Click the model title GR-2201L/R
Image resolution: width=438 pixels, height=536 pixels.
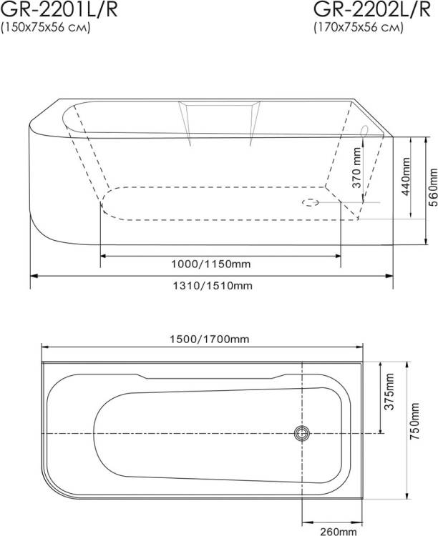coord(59,9)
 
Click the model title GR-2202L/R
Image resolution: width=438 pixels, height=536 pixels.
coord(372,9)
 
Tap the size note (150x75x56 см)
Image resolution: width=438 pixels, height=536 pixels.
coord(46,27)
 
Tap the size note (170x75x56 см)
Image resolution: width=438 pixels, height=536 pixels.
coord(359,27)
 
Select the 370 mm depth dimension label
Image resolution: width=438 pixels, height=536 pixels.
coord(357,167)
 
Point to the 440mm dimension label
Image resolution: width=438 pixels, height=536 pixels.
coord(406,177)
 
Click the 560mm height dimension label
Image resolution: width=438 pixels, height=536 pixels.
coord(433,187)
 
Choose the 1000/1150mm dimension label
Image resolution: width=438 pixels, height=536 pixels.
coord(211,264)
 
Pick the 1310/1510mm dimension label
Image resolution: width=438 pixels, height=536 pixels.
coord(213,285)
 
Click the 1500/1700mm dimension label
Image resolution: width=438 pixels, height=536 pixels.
coord(210,339)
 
